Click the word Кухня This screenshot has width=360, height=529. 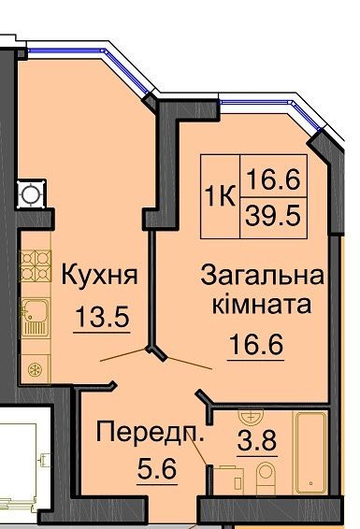[100, 276]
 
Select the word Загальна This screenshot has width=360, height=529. [262, 276]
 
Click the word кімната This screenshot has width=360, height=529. [262, 305]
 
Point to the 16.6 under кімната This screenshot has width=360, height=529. [255, 349]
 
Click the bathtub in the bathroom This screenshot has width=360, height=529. [310, 451]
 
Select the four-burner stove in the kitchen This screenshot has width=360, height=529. [33, 262]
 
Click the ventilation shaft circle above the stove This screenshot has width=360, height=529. [31, 193]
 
